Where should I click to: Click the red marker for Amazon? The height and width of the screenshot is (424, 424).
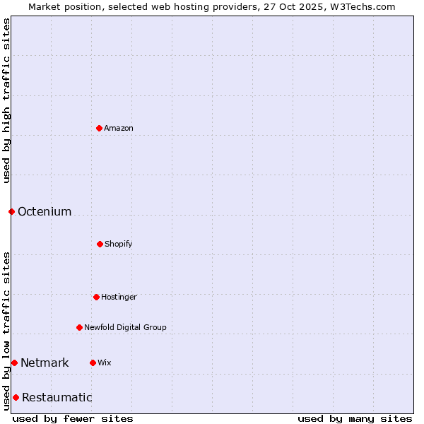99,128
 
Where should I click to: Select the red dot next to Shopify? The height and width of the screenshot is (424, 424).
100,244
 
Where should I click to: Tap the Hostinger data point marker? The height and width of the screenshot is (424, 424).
96,297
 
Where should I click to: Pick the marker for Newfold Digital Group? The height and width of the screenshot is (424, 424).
79,327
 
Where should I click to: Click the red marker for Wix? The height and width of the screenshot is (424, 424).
93,363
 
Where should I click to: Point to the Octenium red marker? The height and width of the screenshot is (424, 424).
11,211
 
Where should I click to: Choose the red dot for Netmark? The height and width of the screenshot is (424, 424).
14,363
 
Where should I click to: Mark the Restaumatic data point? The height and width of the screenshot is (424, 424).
16,397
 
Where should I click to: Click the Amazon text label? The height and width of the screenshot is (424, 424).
119,128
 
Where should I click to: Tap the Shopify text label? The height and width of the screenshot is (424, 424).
119,244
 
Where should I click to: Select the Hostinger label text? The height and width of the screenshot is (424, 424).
119,297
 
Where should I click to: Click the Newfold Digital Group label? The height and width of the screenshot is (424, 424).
126,327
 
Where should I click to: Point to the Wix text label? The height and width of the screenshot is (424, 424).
105,363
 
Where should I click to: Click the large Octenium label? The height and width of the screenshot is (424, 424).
45,211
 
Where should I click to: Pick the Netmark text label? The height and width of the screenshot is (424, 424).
45,363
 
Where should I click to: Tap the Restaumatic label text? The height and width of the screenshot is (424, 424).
57,397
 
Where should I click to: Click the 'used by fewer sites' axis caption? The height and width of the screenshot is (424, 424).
73,418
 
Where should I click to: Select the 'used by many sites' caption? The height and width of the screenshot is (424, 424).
355,418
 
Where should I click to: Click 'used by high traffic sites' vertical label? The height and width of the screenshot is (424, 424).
6,100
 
